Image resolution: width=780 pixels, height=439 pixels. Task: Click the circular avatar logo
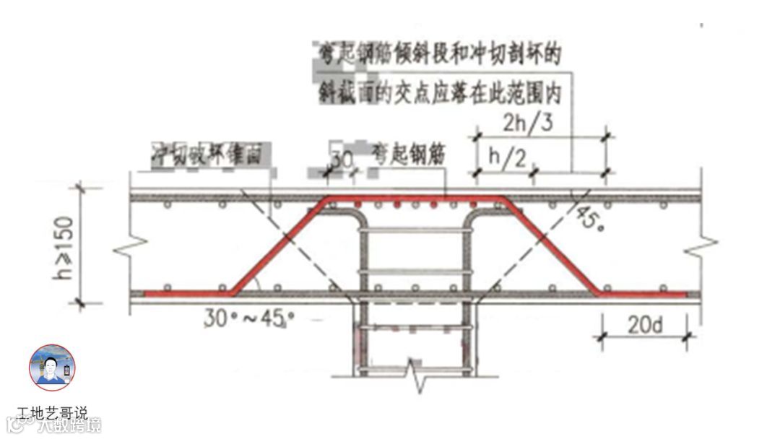(52, 368)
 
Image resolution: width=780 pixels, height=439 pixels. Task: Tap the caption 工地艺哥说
(52, 413)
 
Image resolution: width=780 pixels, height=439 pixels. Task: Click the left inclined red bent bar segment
(279, 245)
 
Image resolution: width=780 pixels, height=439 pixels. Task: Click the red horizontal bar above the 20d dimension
(643, 294)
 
